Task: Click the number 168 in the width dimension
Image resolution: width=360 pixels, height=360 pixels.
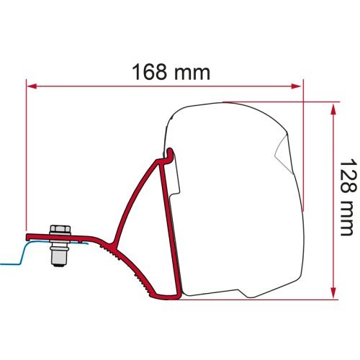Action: [152, 73]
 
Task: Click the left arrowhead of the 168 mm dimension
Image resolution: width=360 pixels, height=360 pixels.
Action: [31, 86]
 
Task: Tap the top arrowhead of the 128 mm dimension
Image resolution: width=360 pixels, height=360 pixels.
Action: [333, 108]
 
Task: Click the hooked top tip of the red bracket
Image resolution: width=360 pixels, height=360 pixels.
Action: [171, 152]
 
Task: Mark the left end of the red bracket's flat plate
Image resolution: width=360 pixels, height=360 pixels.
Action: [29, 236]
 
